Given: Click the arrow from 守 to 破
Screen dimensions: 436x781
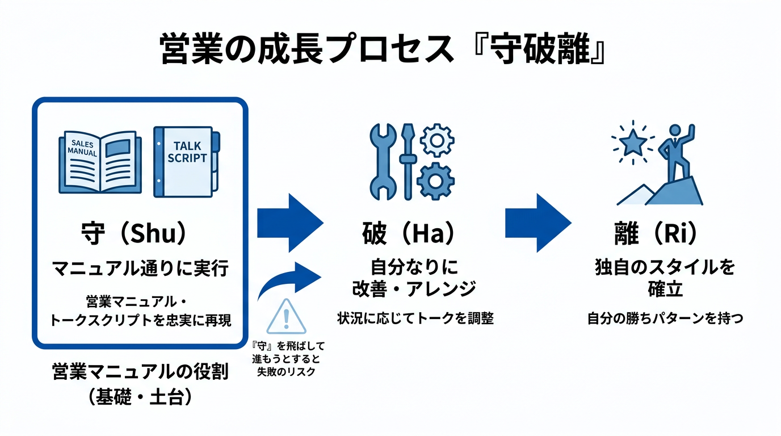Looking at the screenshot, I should click(289, 223).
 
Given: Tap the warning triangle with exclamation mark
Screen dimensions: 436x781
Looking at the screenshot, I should click(286, 317).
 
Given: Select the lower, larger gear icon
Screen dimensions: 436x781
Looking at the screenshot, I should click(435, 181).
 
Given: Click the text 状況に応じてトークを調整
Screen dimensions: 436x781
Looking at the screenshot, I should click(415, 318).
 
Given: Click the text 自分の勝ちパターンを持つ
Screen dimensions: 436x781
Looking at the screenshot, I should click(665, 318).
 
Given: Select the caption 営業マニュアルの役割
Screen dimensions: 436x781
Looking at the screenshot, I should click(140, 372).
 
